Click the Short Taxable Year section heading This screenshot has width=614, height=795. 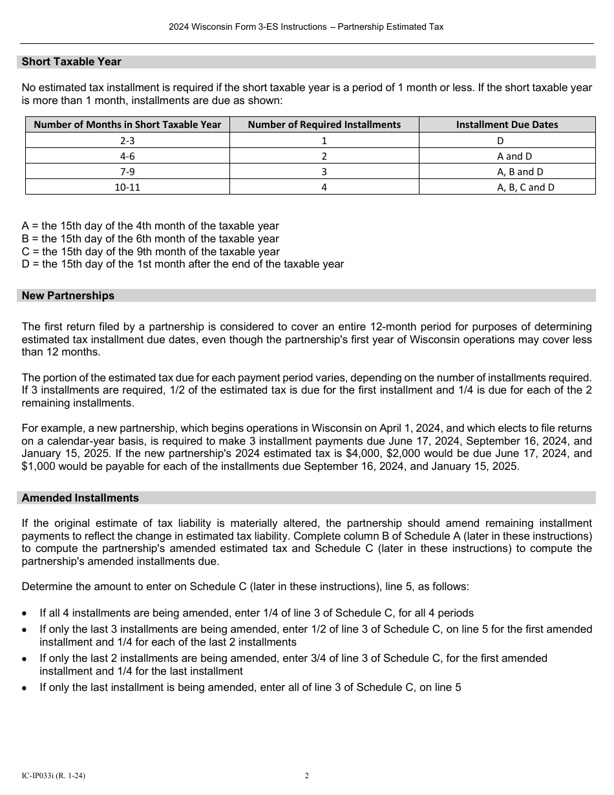coord(71,62)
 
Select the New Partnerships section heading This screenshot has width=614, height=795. coord(68,295)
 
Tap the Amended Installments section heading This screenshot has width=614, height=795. coord(80,498)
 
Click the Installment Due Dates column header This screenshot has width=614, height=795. coord(507,125)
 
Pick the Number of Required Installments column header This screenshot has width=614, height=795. coord(324,125)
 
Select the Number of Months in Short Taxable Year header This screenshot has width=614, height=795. coord(127,125)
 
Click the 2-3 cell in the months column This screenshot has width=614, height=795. coord(127,140)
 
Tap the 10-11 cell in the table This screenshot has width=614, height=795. coord(127,187)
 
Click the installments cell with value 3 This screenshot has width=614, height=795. coord(324,172)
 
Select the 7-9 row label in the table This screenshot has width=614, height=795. coord(127,172)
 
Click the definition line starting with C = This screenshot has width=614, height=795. coord(151,251)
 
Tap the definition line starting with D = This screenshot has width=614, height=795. coord(183,264)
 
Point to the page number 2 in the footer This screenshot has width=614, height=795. coord(307,776)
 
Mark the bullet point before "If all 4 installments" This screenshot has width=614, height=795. coord(25,613)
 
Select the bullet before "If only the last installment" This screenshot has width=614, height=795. coord(25,688)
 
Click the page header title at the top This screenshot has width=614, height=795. coord(306,27)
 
